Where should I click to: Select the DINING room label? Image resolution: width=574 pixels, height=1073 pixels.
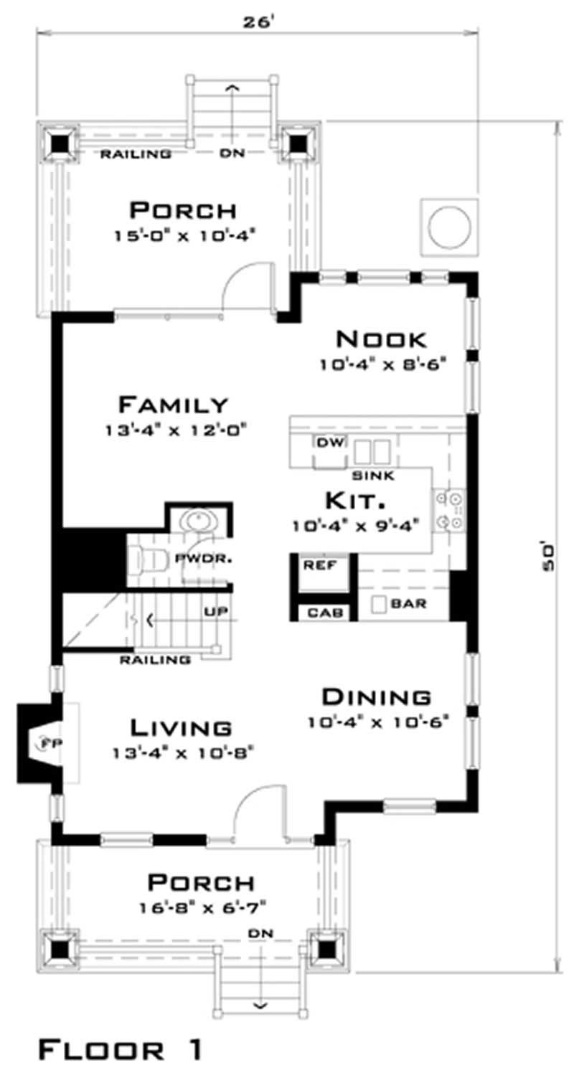coord(376,696)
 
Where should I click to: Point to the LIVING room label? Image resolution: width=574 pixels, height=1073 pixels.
coord(181,727)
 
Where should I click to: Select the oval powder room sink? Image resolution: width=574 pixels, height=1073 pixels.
coord(193,519)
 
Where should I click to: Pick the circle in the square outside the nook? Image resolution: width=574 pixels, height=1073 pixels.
coord(449,225)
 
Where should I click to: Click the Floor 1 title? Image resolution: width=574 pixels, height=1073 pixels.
coord(119,1051)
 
